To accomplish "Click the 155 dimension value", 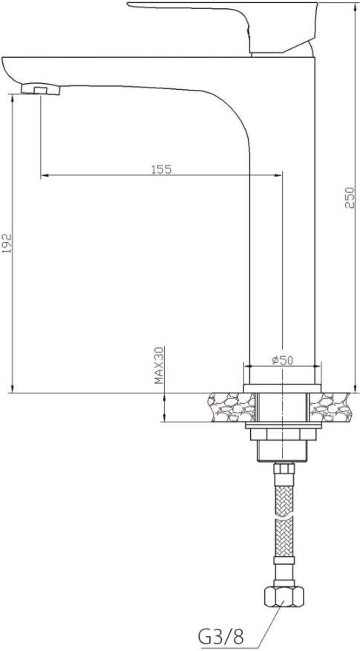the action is [x=161, y=169].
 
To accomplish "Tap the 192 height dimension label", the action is [x=7, y=243].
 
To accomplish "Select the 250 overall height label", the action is [x=350, y=197].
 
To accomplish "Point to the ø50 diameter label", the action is [x=282, y=360].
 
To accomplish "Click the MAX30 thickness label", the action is [x=159, y=365].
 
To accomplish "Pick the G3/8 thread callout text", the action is [x=220, y=635].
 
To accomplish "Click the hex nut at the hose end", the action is [x=284, y=597].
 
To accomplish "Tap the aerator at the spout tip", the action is [x=40, y=89].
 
